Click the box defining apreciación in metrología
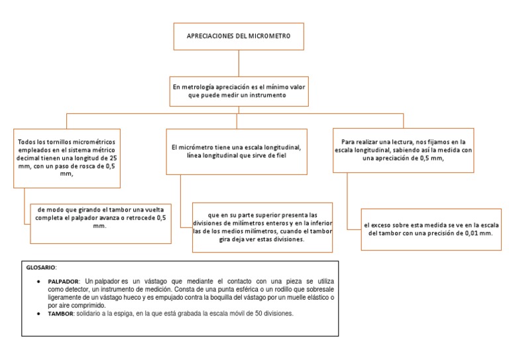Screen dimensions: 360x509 click(239, 91)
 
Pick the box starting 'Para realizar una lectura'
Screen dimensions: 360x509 click(404, 150)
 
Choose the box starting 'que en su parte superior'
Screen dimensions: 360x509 click(262, 227)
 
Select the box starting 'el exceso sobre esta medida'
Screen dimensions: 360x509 click(431, 229)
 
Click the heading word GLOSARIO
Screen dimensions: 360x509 click(41, 267)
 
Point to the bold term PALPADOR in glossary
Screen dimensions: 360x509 click(64, 281)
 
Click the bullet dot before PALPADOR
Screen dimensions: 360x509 click(40, 282)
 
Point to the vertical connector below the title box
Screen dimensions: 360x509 click(239, 64)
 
